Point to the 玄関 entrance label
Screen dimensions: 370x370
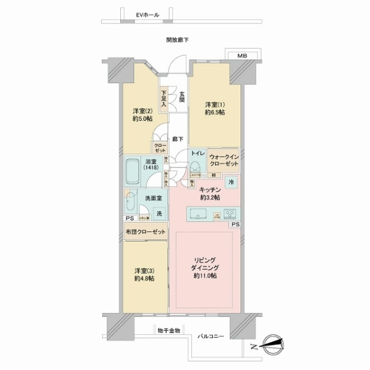[x=183, y=96]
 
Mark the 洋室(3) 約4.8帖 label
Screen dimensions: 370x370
[x=144, y=274]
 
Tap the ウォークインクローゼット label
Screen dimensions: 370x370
[x=223, y=160]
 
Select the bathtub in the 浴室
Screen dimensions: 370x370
[x=134, y=173]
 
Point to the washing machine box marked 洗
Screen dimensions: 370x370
[x=159, y=213]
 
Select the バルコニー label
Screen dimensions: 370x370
[x=210, y=337]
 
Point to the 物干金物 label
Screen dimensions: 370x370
[x=168, y=331]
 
